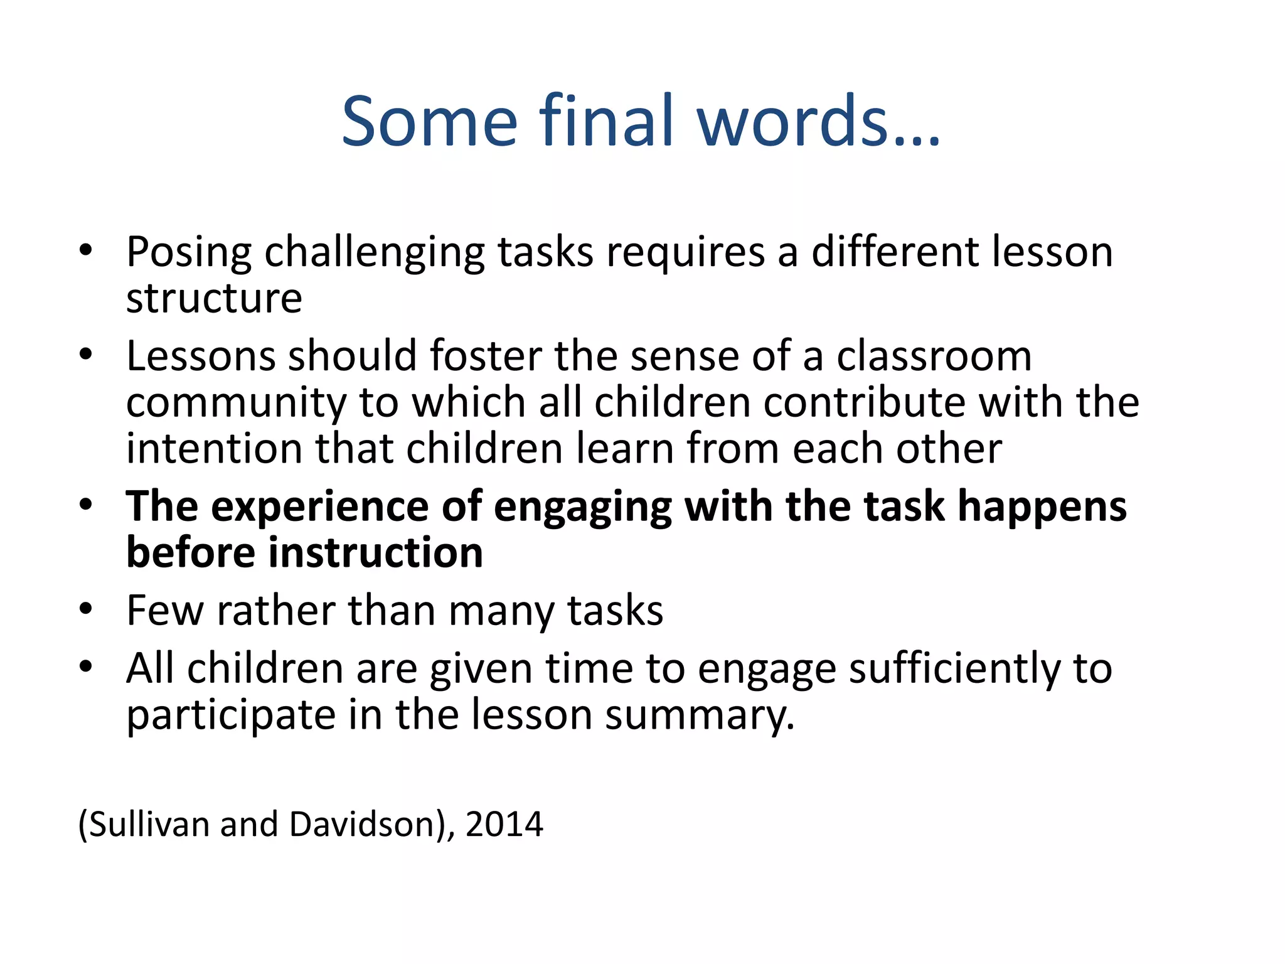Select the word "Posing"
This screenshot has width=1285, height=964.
pos(189,253)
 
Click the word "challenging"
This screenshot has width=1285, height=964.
pos(375,253)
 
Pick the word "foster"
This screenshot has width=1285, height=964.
pos(485,356)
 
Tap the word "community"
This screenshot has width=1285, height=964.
pos(237,402)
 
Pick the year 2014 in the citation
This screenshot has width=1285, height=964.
pos(504,824)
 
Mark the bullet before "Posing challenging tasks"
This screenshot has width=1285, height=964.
pos(86,250)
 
